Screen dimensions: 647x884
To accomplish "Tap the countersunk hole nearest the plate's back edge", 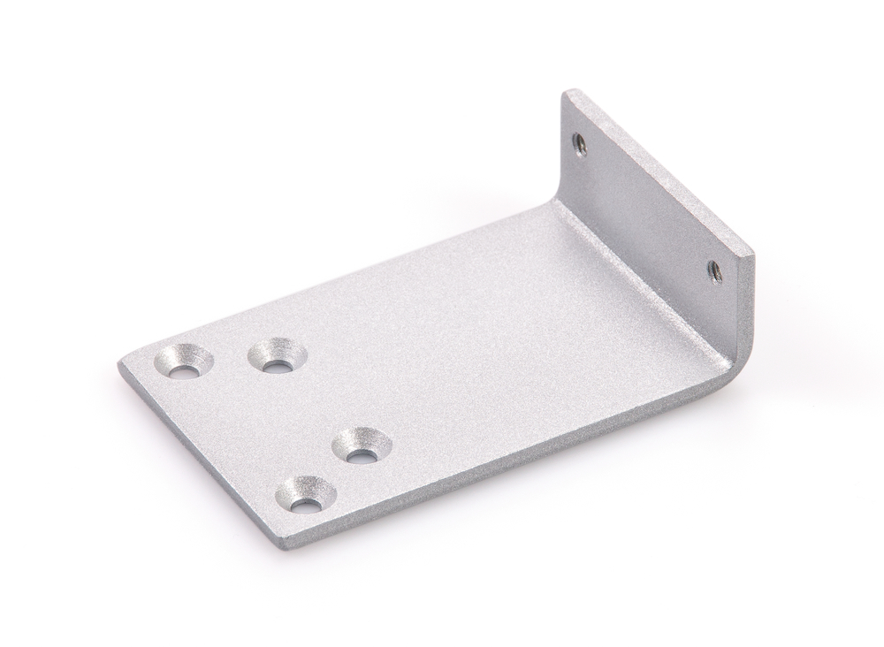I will (276, 355).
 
